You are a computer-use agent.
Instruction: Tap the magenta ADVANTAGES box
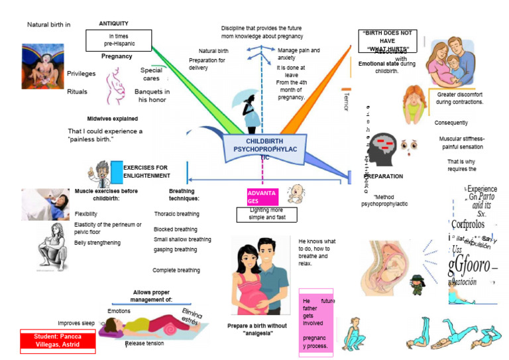pyautogui.click(x=262, y=197)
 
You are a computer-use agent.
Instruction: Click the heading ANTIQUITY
pyautogui.click(x=113, y=23)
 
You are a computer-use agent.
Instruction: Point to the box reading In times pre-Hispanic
pyautogui.click(x=119, y=40)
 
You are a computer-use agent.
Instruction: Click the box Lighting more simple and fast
pyautogui.click(x=267, y=213)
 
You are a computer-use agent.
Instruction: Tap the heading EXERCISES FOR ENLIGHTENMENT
pyautogui.click(x=145, y=172)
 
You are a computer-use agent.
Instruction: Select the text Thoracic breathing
pyautogui.click(x=176, y=214)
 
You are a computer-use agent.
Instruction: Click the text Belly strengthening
pyautogui.click(x=97, y=243)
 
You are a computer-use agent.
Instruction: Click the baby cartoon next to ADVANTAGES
pyautogui.click(x=296, y=193)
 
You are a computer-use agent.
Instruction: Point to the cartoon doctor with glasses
pyautogui.click(x=103, y=174)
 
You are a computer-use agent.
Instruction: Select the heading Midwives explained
pyautogui.click(x=113, y=119)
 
